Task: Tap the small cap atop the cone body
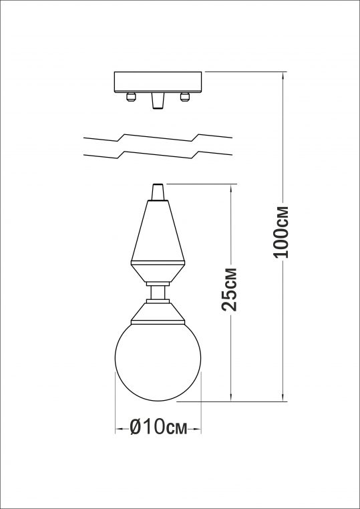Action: (x=158, y=192)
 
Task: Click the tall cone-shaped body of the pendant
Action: (x=158, y=230)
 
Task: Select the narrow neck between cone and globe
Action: (x=158, y=292)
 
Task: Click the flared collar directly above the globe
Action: (x=158, y=313)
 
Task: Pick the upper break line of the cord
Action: (x=158, y=140)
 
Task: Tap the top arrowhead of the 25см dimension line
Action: (x=230, y=187)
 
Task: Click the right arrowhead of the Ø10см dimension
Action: (x=198, y=428)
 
